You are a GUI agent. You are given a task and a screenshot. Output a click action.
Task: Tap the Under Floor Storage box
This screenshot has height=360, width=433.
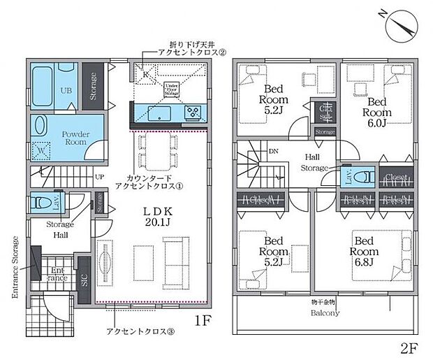171,89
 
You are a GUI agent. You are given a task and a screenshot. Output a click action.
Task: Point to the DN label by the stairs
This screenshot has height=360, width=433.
273,151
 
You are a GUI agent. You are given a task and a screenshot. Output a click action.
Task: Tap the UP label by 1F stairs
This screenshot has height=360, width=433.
99,178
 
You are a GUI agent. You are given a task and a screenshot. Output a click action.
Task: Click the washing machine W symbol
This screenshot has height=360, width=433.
41,150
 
